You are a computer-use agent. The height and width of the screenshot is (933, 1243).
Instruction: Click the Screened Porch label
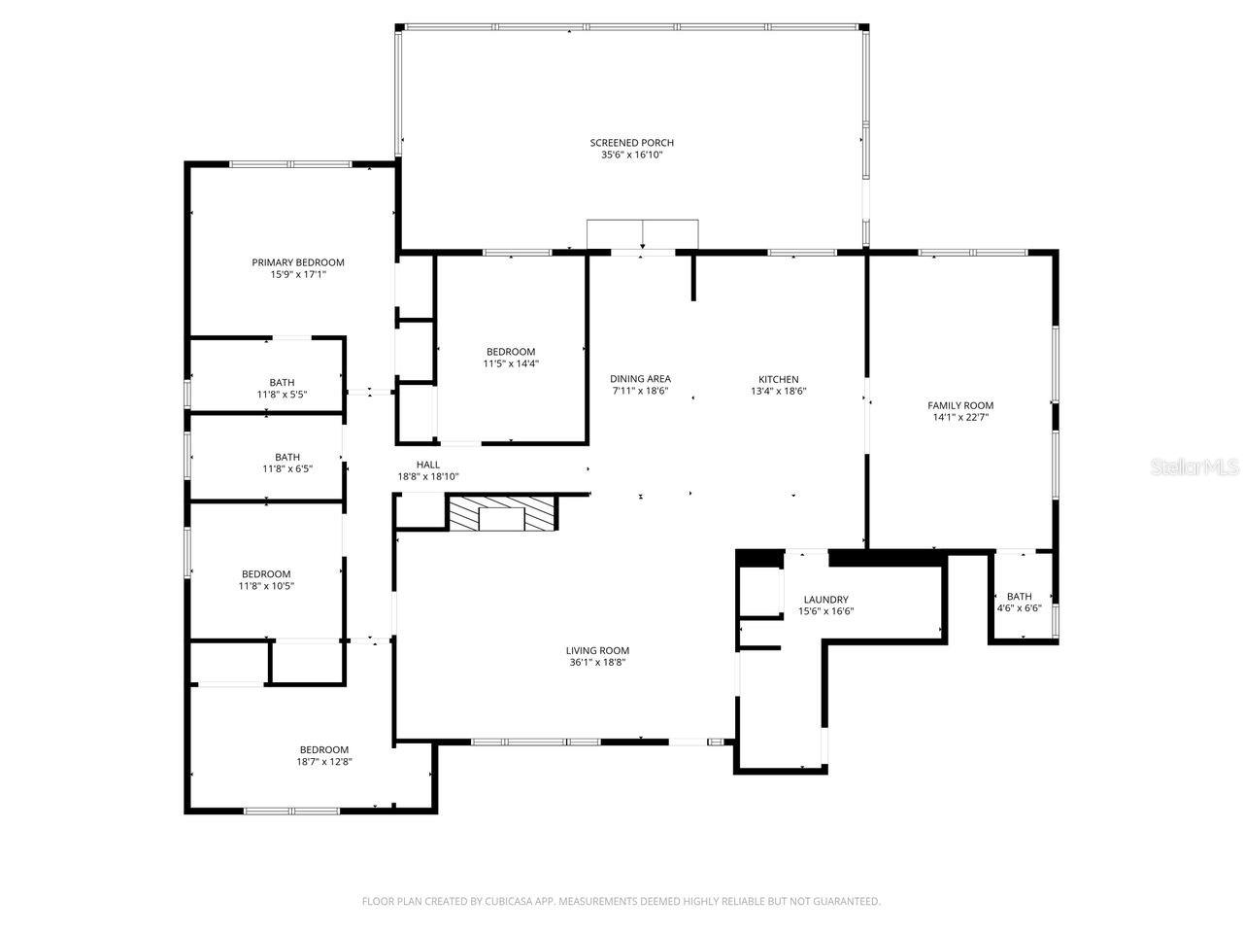631,143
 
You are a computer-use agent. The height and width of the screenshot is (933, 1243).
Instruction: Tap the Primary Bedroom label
298,262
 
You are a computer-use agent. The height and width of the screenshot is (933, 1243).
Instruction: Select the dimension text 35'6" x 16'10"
631,155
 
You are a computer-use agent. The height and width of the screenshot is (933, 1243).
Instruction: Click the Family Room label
960,405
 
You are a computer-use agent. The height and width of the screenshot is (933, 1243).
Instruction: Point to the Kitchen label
779,379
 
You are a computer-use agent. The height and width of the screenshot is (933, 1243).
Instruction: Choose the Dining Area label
640,379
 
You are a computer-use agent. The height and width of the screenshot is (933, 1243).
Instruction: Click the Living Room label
597,651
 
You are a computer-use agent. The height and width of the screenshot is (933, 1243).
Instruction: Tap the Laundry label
826,600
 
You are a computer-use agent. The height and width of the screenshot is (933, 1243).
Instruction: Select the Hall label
428,465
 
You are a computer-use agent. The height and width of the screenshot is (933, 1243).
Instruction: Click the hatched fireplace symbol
502,513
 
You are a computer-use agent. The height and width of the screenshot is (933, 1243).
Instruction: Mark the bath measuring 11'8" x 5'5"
283,389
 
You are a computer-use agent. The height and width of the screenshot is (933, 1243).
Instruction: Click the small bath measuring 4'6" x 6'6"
1020,602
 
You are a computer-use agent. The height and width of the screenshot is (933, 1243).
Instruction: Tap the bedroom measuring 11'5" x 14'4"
511,358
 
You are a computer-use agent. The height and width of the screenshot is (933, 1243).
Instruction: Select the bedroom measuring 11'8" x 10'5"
266,580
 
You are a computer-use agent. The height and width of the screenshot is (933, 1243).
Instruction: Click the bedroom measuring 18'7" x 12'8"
323,755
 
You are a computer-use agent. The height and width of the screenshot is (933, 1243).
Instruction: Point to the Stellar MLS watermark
1194,467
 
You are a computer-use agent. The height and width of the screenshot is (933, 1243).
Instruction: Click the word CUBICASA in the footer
511,902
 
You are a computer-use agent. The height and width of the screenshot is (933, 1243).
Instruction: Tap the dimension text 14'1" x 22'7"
960,418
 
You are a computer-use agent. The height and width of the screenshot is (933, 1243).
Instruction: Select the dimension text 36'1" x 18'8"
597,663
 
